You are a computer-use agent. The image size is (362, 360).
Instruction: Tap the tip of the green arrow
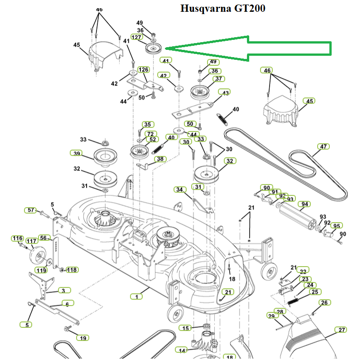165,48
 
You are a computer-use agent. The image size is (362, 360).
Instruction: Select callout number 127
137,37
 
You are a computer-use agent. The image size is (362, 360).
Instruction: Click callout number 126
143,69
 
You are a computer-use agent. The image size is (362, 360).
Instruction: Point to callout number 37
219,79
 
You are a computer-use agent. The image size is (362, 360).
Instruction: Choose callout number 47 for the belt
323,146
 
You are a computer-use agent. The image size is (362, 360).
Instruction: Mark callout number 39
77,153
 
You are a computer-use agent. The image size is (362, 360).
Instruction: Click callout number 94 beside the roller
304,204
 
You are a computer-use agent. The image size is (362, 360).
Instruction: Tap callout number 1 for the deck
136,297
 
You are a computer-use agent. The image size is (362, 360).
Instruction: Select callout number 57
31,210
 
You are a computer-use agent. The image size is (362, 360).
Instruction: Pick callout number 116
18,238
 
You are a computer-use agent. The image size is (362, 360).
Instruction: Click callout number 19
82,338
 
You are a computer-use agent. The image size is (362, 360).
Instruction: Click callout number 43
224,92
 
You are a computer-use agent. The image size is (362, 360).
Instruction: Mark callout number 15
185,328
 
